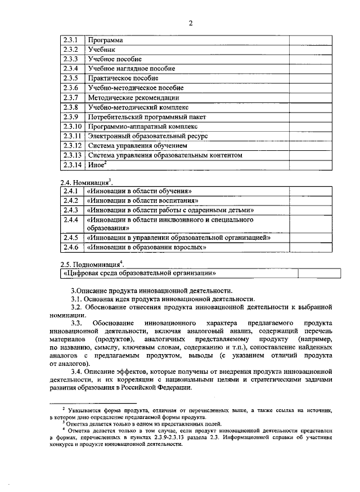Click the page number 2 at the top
coord(191,23)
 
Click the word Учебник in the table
coord(101,50)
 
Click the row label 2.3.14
coord(73,165)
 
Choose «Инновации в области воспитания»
coord(141,200)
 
